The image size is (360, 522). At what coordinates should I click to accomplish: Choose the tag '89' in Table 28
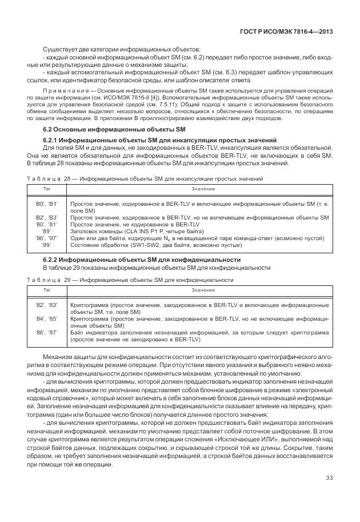(47, 232)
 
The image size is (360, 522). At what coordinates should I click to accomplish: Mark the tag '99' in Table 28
(47, 245)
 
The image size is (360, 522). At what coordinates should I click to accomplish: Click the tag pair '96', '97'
(47, 238)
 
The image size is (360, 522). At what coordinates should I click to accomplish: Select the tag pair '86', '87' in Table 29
(47, 333)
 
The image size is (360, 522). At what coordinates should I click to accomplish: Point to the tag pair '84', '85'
(47, 320)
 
